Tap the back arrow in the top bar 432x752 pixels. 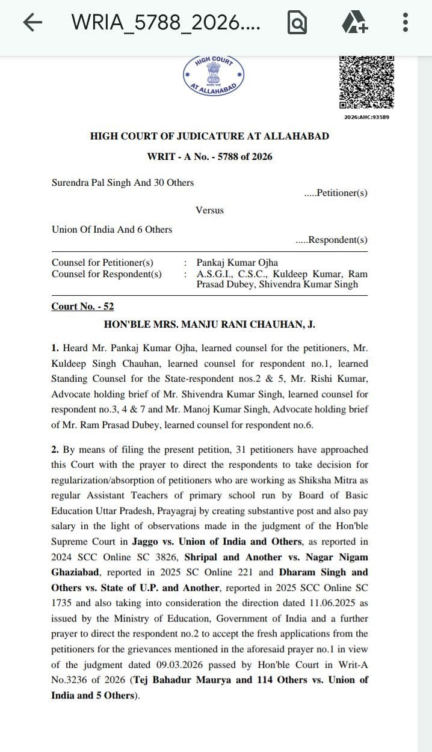32,23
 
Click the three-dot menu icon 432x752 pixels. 405,23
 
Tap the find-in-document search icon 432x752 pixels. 297,23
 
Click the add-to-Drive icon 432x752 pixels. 354,23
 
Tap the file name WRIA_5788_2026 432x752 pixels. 166,23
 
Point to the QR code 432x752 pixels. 366,82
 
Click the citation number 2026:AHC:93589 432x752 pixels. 366,117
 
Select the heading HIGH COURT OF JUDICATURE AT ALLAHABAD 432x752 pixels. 209,136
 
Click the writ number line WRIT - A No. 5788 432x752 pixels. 209,157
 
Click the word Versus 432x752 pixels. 209,210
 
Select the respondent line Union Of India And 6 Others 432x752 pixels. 112,230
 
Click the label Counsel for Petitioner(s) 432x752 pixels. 102,263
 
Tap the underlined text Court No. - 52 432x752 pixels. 82,307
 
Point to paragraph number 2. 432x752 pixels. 55,450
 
